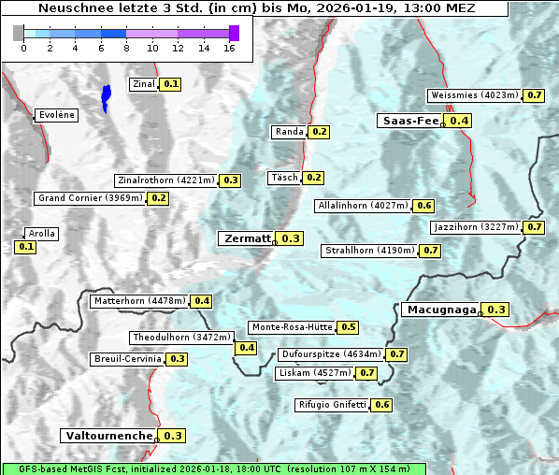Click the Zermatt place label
247,238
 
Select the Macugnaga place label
440,309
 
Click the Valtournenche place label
108,436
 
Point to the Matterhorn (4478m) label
138,301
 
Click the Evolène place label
56,115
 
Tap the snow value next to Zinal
170,84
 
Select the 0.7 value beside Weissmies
535,95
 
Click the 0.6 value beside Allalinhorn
424,205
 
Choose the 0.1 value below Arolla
25,247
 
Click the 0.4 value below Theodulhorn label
247,348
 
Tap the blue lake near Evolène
106,97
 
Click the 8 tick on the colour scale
126,48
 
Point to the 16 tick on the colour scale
228,48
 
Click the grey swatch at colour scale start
19,33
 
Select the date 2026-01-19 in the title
347,8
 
